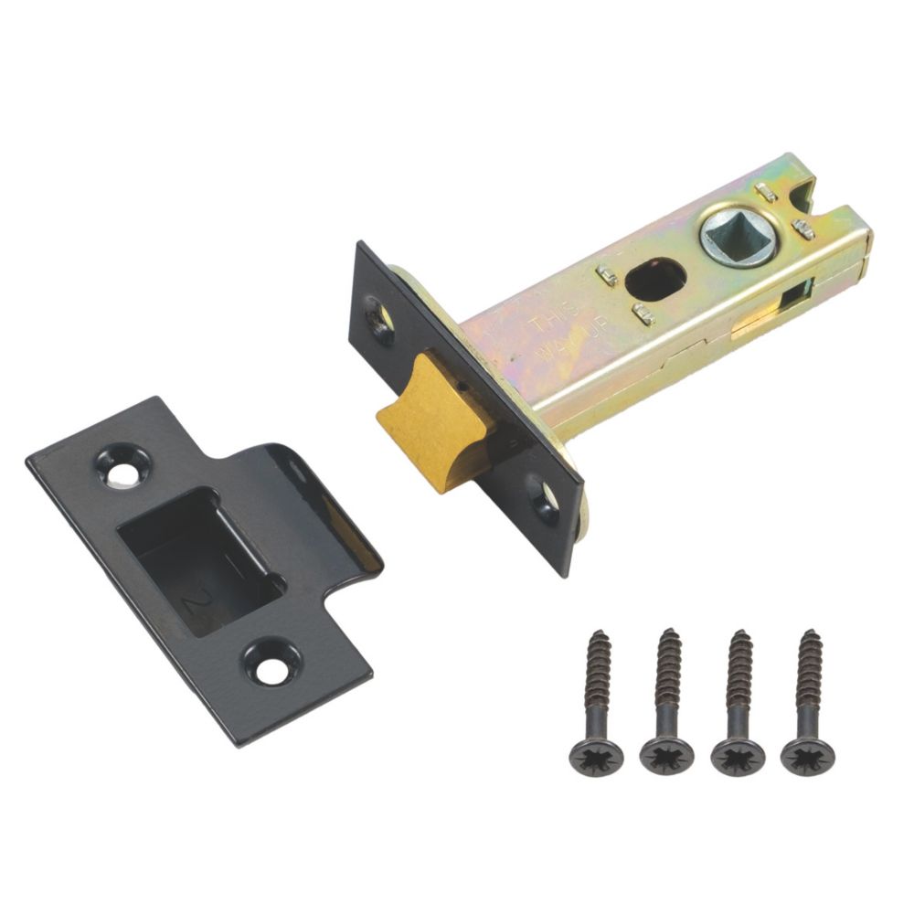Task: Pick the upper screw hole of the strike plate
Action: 122,468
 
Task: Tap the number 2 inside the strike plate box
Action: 193,600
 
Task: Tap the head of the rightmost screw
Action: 805,755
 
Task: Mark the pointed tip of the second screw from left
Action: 670,633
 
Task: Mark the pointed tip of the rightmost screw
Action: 809,633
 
